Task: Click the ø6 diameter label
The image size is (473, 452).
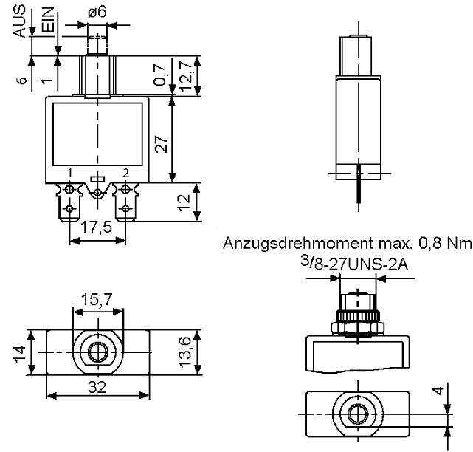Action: coord(97,13)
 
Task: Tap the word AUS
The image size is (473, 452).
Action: coord(20,21)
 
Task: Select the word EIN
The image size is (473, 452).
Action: coord(48,19)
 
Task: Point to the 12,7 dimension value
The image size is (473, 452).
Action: coord(186,76)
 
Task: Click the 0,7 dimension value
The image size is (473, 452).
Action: coord(160,75)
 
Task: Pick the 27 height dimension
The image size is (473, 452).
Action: coord(161,144)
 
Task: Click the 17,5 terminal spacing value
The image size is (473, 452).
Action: coord(97,227)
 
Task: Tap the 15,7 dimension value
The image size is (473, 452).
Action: coord(97,300)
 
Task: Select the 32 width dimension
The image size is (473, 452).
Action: coord(97,387)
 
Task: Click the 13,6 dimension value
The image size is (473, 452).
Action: coord(185,352)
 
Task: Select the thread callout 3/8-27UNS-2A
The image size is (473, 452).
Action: coord(354,264)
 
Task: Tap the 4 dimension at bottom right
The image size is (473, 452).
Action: coord(439,391)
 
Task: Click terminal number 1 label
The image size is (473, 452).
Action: coord(69,173)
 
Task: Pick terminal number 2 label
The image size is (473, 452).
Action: coord(125,173)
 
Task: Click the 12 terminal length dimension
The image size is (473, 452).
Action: coord(184,202)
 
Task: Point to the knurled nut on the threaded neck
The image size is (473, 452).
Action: coord(358,317)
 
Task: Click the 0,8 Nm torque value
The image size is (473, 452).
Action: coord(445,243)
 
